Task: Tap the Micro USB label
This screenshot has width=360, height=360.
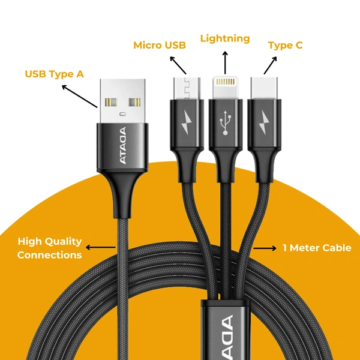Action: point(159,45)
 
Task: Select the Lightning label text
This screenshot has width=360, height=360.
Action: point(225,38)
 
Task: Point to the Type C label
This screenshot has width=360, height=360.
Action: point(285,45)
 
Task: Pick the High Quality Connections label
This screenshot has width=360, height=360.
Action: point(49,248)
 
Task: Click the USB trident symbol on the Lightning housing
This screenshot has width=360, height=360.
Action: point(226,123)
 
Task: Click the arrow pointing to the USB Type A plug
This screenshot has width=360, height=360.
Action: point(80,96)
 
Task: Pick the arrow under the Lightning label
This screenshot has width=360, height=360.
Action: point(226,61)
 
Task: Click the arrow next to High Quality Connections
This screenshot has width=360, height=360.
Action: point(101,247)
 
